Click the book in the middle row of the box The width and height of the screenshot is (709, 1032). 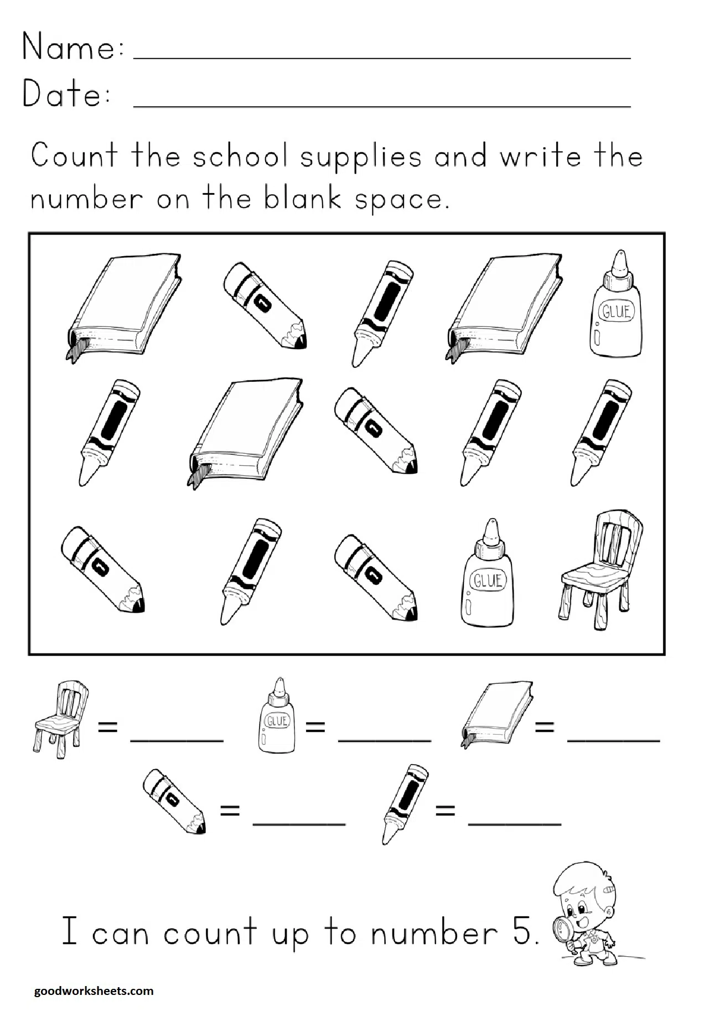tap(245, 432)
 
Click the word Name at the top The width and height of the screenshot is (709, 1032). tap(69, 47)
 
